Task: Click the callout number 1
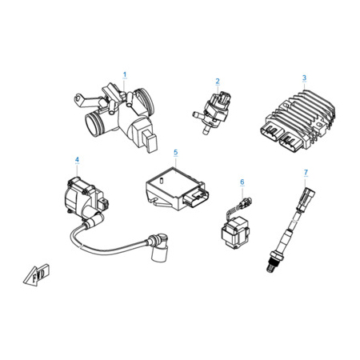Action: [125, 75]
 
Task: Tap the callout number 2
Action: [218, 81]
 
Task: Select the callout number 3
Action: [304, 78]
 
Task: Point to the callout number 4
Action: [77, 159]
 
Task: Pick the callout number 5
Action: [175, 152]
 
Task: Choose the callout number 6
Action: [242, 182]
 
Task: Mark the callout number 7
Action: [306, 172]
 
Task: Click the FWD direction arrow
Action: [37, 275]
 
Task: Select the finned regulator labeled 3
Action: [298, 120]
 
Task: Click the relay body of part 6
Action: [235, 233]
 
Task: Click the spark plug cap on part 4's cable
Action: [158, 246]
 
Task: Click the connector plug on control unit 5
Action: [197, 198]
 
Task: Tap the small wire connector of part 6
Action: [246, 202]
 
